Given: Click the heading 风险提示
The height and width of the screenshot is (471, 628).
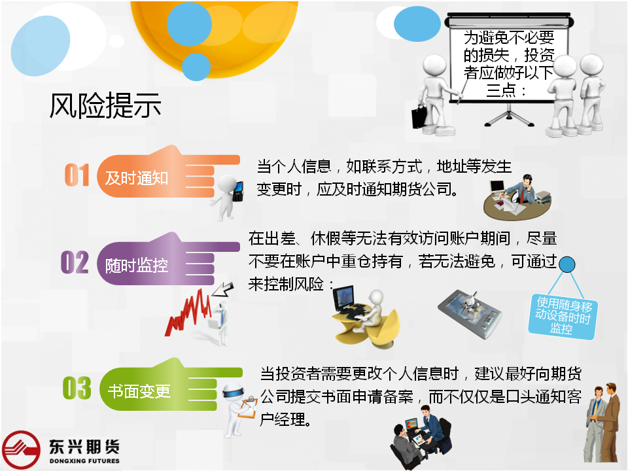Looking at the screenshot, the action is point(105,105).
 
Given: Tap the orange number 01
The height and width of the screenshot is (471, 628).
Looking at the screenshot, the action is point(77,175).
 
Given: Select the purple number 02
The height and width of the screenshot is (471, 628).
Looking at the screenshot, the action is point(75,262).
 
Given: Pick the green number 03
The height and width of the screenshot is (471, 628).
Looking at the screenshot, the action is point(77,388).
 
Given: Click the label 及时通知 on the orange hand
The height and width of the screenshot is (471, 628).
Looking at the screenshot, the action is point(137,178).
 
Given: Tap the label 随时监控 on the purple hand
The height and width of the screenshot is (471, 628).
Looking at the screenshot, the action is point(137,266).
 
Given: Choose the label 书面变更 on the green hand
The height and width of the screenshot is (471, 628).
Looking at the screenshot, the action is point(139,391).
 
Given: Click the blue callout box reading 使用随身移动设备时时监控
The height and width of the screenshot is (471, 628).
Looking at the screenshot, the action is point(563,317).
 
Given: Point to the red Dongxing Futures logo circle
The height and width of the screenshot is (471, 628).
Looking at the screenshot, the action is point(21,450).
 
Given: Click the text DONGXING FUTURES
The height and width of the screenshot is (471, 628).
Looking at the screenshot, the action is point(84,461).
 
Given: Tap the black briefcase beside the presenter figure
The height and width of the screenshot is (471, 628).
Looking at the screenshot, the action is point(420,116).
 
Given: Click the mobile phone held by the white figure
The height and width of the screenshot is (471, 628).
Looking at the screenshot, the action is point(239,192).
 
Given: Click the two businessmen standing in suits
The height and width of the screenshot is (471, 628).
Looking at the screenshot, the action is point(602,423).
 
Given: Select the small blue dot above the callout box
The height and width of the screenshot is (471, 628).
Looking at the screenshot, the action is point(567,265).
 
